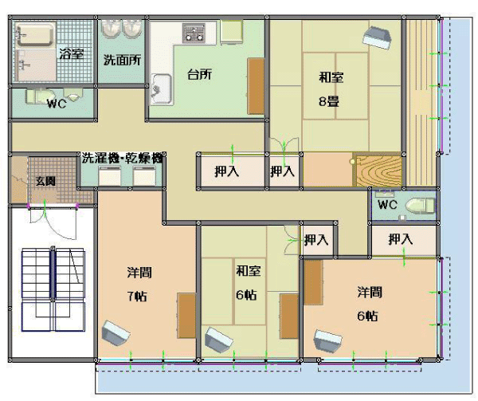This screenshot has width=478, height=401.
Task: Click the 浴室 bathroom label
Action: pos(71,53)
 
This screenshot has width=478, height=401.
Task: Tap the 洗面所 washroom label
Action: pos(122,60)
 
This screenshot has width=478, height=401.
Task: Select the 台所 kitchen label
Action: pos(199,74)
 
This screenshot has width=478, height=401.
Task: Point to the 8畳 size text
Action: pos(329,101)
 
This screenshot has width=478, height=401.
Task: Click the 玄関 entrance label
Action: pos(45,181)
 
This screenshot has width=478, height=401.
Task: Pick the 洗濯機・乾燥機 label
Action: pos(122,158)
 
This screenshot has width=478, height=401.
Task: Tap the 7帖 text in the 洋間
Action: pos(137,296)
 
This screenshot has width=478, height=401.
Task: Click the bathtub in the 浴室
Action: pos(35,35)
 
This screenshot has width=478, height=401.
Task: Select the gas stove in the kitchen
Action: pos(194,33)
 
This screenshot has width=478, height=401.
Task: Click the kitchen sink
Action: pos(161,88)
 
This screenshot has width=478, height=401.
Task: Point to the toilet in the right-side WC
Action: pos(420,205)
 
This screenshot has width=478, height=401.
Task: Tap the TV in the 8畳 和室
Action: pos(377,37)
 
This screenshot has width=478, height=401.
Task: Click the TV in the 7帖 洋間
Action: pos(116,333)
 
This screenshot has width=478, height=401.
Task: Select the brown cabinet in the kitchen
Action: pos(256,86)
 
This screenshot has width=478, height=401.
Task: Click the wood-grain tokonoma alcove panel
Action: pos(378,171)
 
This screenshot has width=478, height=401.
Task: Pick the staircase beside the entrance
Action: pos(53,289)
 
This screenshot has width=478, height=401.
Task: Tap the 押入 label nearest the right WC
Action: pos(401,239)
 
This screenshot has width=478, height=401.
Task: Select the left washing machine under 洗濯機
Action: pos(109,176)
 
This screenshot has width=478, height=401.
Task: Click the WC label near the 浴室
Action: pos(57,104)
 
